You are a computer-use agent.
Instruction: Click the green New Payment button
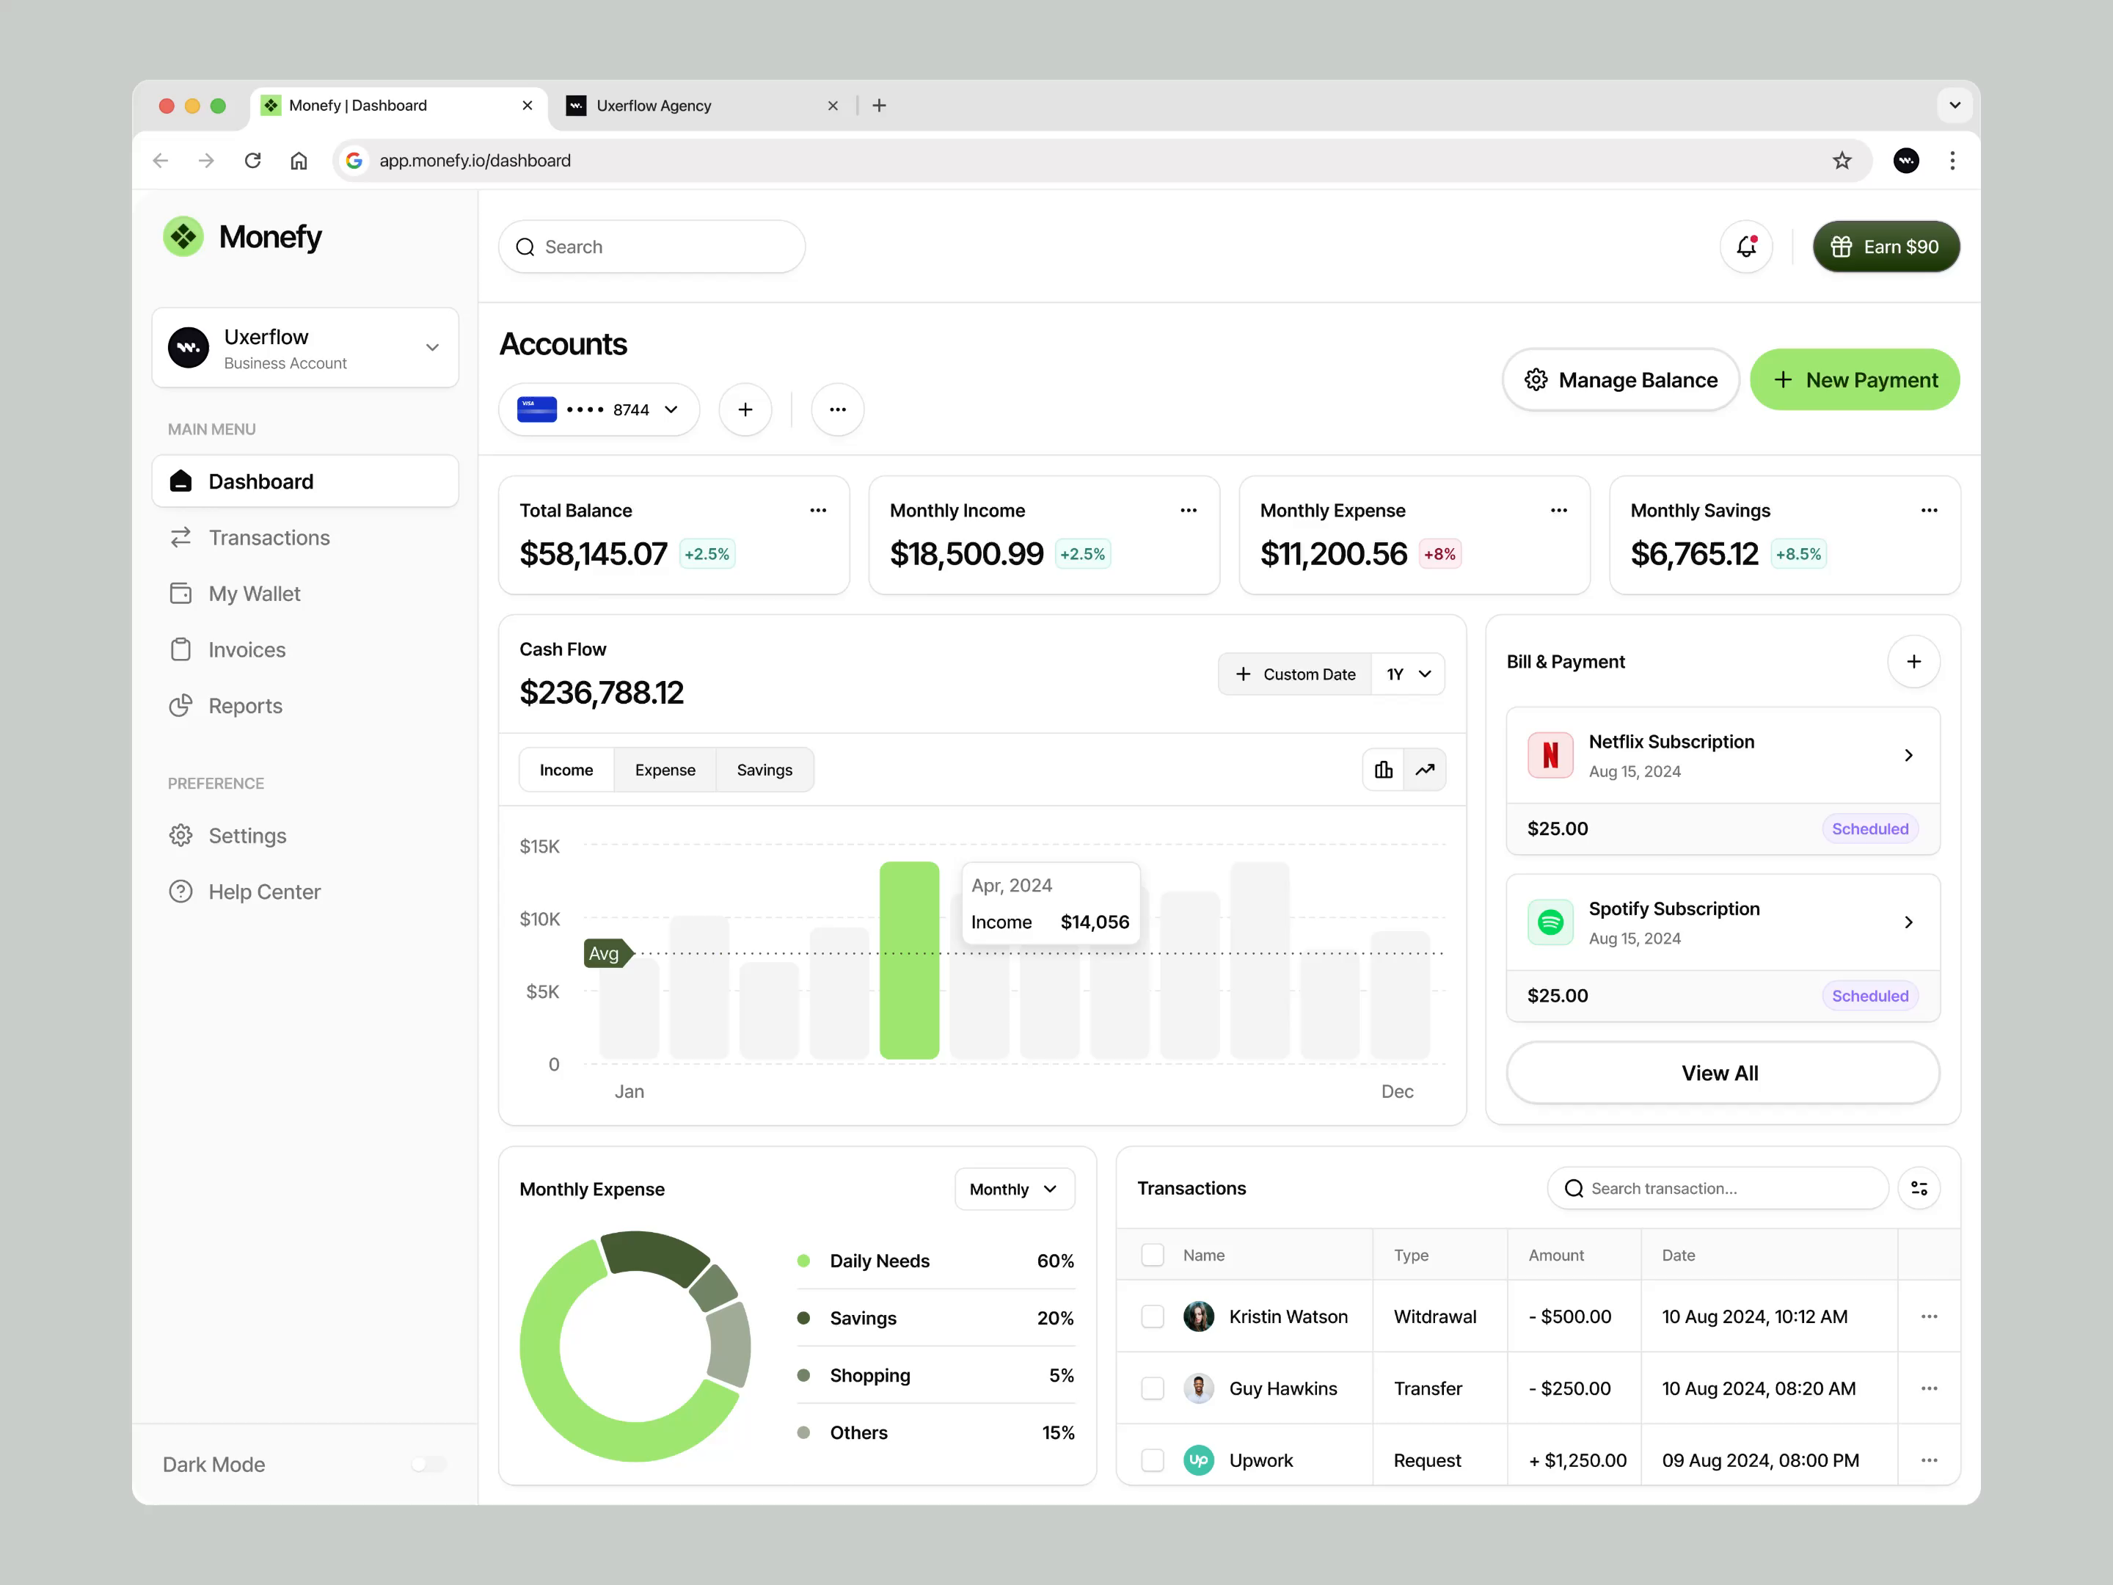click(x=1854, y=380)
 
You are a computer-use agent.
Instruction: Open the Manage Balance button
click(x=1620, y=380)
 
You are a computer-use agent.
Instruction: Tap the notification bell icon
click(x=1746, y=247)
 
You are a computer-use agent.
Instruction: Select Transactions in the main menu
click(x=269, y=538)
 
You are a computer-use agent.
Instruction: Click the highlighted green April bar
click(x=908, y=960)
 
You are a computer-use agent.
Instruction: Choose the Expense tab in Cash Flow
click(x=665, y=770)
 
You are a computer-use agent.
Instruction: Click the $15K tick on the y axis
click(x=540, y=847)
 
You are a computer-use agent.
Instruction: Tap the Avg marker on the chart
click(x=605, y=953)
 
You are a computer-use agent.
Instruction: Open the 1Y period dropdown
click(x=1408, y=674)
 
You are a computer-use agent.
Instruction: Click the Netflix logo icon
click(x=1550, y=756)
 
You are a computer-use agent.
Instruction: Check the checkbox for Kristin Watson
click(x=1153, y=1316)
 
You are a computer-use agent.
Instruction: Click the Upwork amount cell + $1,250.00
click(x=1577, y=1461)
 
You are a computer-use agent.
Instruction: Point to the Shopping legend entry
click(x=869, y=1376)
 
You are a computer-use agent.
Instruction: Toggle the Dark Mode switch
click(x=429, y=1465)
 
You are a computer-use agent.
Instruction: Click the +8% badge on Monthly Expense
click(x=1439, y=554)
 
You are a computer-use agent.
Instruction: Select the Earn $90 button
click(x=1886, y=247)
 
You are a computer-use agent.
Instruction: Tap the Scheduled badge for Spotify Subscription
click(x=1869, y=996)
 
